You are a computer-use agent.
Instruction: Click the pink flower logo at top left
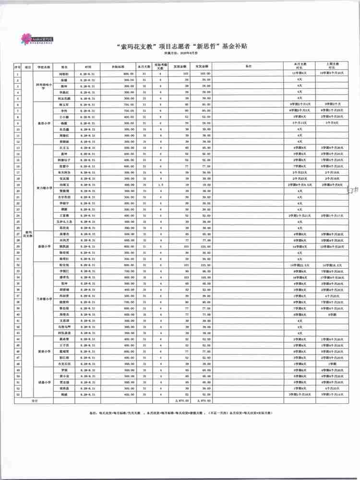(x=23, y=37)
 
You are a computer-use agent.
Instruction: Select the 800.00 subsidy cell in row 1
(x=128, y=74)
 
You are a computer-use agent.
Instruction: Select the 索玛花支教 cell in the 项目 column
(x=28, y=234)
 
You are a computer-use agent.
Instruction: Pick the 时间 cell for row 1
(x=88, y=74)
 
